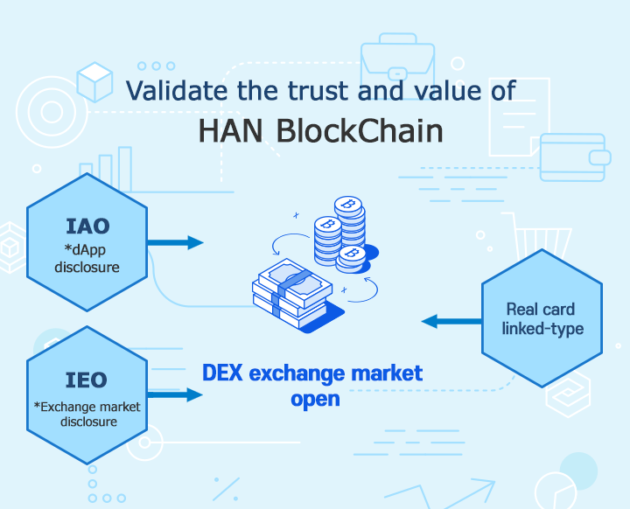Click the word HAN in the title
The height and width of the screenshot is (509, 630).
point(231,131)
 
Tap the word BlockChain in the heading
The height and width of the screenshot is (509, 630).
point(360,130)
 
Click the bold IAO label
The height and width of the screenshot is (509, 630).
point(87,227)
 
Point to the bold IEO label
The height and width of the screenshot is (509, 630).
point(87,380)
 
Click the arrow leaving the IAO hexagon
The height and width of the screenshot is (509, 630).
point(175,242)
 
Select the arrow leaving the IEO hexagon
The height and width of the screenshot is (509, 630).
point(175,395)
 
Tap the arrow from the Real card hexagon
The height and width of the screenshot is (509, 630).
point(451,321)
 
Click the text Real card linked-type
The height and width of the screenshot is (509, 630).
point(542,319)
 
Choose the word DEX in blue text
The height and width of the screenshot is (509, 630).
point(222,373)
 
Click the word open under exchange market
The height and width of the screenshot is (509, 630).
point(315,400)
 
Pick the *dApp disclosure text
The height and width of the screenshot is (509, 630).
point(87,258)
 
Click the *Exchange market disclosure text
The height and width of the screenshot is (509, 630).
point(87,415)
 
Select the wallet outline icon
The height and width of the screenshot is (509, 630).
point(575,157)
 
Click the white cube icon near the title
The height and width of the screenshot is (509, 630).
point(94,82)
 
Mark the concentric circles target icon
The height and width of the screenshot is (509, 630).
point(52,112)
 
